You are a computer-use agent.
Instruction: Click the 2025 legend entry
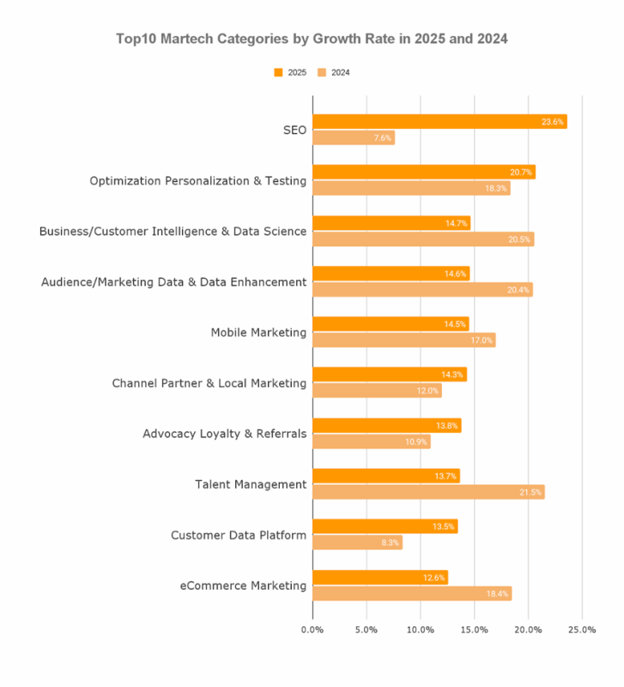pos(289,72)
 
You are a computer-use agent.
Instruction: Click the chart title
pos(312,40)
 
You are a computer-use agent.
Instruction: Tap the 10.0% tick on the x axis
pos(421,630)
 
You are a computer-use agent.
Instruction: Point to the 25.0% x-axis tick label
pos(582,630)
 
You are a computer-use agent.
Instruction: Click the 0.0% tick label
pos(312,630)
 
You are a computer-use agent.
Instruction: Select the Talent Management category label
pos(251,484)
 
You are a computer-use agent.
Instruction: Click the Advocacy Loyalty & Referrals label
pos(224,434)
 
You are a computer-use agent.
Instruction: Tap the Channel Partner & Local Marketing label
pos(209,383)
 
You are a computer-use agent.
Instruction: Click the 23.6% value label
pos(552,122)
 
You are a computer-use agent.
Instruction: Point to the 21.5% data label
pos(530,492)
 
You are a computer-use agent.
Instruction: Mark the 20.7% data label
pos(521,173)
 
